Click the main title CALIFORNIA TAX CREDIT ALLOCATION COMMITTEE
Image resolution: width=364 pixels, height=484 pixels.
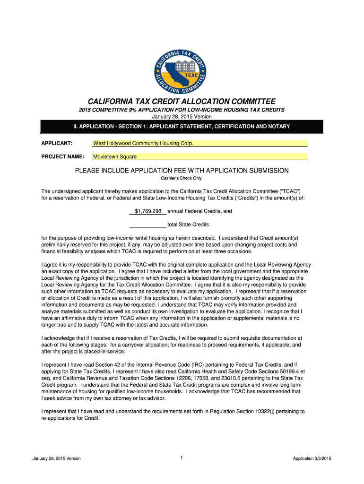[182, 102]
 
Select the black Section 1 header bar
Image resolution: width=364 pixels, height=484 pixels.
[182, 127]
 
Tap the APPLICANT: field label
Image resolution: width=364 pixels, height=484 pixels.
[57, 143]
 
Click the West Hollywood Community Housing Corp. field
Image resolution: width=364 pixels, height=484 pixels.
[199, 143]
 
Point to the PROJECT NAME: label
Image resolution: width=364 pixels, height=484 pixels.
[63, 156]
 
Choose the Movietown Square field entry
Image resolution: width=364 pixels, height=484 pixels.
[199, 156]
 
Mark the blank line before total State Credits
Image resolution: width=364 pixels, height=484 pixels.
[147, 225]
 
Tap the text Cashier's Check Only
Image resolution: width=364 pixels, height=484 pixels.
[182, 178]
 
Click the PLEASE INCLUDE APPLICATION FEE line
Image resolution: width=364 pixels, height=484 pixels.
[182, 170]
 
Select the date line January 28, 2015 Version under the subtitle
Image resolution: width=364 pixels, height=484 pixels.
[182, 116]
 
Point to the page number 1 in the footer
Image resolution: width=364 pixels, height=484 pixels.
[182, 458]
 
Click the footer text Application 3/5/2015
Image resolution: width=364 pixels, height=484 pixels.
[312, 458]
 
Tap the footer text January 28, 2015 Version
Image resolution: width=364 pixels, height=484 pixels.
[57, 458]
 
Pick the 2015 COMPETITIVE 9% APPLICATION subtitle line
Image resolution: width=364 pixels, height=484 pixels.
[182, 110]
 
